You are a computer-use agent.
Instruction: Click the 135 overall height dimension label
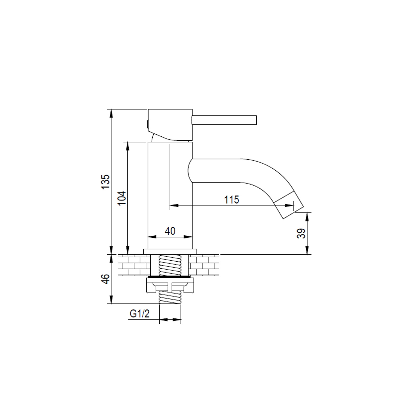106,181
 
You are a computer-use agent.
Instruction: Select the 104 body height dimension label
122,198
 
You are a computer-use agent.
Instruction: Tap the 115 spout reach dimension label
232,200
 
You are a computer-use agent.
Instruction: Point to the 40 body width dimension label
170,231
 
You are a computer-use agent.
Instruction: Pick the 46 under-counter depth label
106,279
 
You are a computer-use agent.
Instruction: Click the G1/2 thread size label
140,314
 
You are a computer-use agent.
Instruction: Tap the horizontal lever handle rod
224,120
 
